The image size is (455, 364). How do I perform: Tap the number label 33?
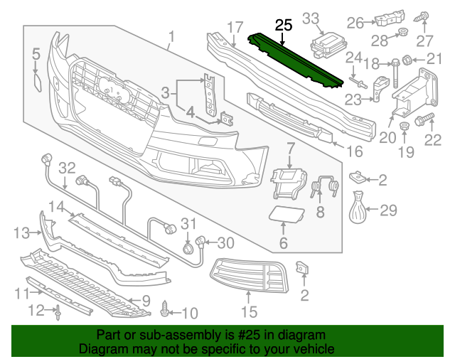point(311,18)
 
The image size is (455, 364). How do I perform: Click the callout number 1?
point(171,36)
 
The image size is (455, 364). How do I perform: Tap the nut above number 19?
point(403,128)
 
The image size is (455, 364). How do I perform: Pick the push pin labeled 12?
point(56,310)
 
